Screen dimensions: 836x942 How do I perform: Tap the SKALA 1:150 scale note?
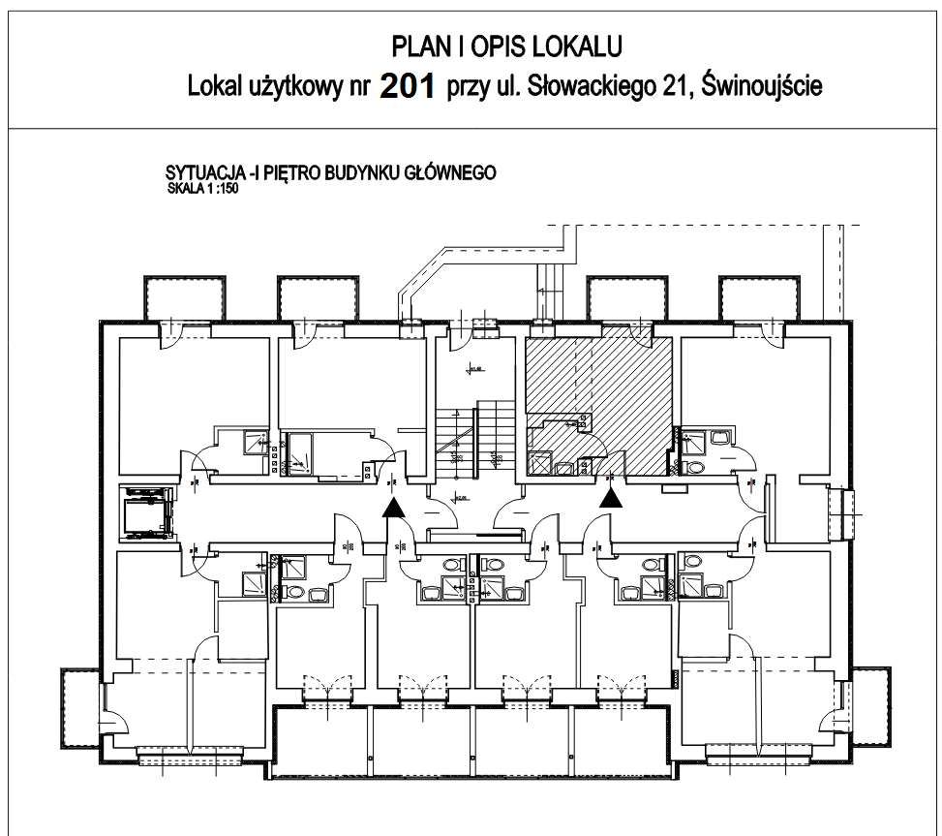pos(202,190)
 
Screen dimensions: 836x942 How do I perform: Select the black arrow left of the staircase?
pos(392,508)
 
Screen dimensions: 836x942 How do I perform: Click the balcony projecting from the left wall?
pos(77,706)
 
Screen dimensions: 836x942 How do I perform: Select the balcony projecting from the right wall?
pos(870,706)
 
